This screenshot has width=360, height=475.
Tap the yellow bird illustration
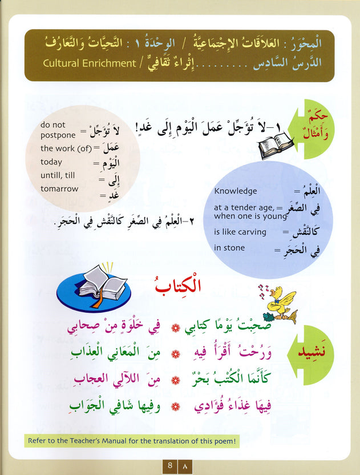(x=283, y=302)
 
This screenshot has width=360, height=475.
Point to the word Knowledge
(x=236, y=191)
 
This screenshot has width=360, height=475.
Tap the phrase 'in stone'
(x=229, y=248)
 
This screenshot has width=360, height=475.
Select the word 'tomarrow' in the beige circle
(x=60, y=188)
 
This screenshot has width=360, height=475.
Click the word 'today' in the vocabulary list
(x=51, y=162)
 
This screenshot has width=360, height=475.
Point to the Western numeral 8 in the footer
(x=170, y=466)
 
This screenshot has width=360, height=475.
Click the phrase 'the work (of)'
(x=63, y=148)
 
